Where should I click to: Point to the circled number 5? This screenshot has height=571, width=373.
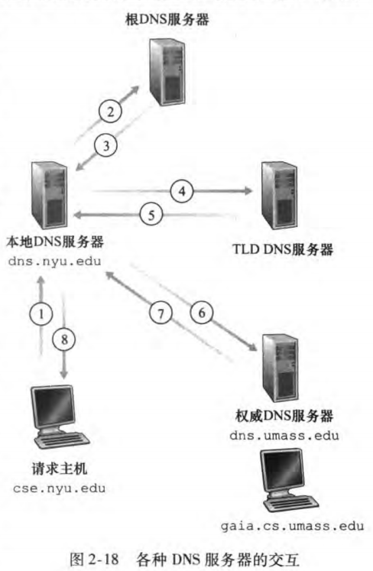[x=153, y=215]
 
